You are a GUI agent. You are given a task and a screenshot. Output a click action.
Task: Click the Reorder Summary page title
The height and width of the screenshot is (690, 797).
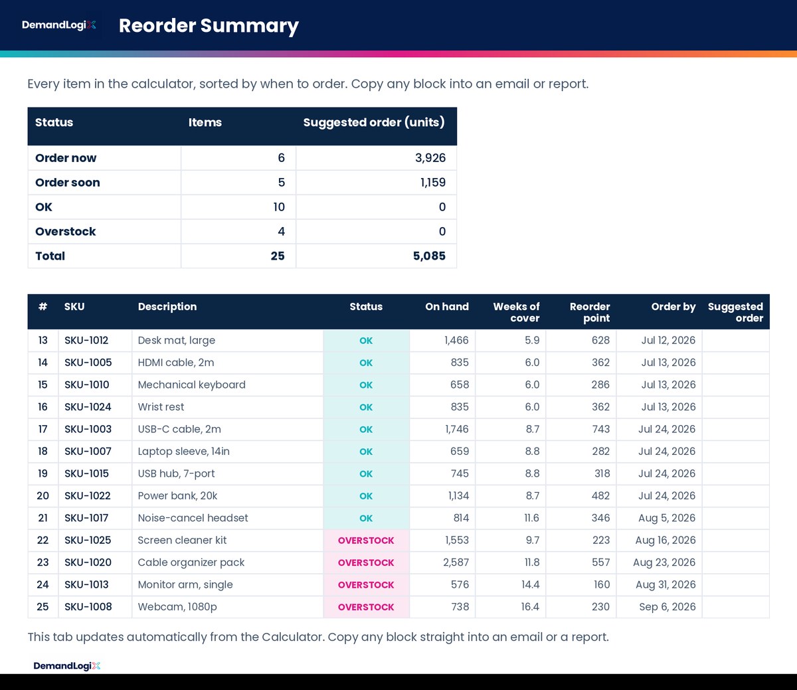click(x=209, y=26)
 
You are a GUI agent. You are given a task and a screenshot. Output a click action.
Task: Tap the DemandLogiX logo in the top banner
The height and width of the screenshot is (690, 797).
click(x=59, y=25)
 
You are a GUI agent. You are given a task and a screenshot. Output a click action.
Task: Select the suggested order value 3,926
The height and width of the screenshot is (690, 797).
click(x=430, y=158)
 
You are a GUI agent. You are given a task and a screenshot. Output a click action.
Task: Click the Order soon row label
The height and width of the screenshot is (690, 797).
click(x=68, y=183)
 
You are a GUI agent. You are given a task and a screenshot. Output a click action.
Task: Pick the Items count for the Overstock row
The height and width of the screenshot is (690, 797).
click(x=281, y=231)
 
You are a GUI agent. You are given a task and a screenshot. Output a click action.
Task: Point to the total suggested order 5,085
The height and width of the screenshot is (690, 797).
click(x=429, y=256)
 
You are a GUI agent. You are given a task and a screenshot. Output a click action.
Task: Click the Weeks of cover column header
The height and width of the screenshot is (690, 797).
click(x=516, y=312)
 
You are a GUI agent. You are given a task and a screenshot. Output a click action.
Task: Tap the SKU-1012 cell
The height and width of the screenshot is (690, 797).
click(x=86, y=341)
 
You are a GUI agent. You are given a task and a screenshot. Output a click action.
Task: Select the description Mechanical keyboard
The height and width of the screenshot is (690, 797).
click(x=192, y=385)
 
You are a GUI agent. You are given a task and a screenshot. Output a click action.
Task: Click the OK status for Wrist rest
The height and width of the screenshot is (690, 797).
click(x=366, y=407)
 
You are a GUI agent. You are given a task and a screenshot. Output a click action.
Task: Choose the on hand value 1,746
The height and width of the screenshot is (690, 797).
click(x=457, y=429)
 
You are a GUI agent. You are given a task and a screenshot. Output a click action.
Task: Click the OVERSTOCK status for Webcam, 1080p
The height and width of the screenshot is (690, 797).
click(x=366, y=607)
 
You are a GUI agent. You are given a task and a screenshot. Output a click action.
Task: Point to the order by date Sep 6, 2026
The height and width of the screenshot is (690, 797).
click(x=667, y=607)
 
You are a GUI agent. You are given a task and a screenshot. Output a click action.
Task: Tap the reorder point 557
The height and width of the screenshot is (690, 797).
click(x=600, y=562)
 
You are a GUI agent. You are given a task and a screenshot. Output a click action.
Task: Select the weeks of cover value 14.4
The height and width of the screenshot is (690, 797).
click(x=530, y=585)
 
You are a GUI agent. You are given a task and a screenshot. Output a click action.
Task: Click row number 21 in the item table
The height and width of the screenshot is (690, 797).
click(x=43, y=518)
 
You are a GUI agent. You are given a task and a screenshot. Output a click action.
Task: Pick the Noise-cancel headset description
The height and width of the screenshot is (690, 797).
click(x=193, y=518)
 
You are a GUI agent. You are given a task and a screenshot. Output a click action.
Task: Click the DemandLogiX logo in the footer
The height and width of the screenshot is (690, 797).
click(x=66, y=665)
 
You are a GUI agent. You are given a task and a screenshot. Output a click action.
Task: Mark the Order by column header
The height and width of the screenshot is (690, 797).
click(x=673, y=307)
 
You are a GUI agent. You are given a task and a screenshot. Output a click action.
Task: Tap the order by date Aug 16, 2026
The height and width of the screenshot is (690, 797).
click(x=665, y=540)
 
